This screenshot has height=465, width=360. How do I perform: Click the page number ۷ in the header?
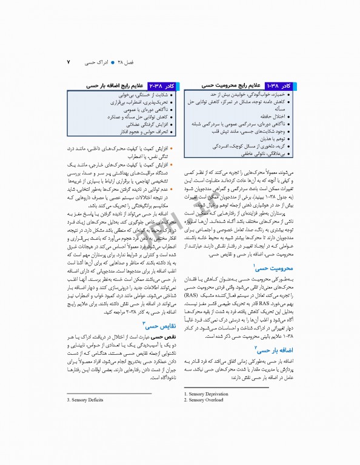[68, 62]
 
